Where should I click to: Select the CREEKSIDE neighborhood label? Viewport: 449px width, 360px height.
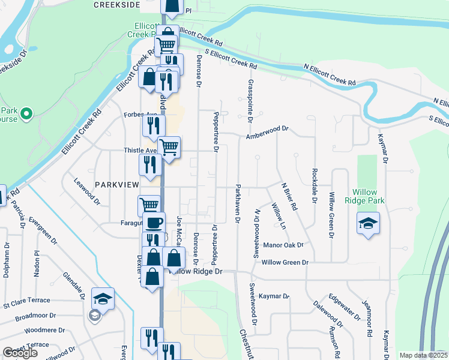[117, 5]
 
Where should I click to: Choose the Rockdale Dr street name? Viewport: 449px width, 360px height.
[314, 185]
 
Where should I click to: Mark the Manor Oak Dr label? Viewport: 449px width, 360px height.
[283, 245]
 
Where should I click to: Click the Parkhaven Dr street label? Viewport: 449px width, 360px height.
[238, 204]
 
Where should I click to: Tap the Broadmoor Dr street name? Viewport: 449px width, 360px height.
[35, 315]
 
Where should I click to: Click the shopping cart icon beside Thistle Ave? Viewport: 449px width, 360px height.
[169, 146]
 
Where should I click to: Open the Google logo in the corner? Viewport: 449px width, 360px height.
[20, 353]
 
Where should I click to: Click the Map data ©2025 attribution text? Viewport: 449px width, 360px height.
[424, 355]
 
